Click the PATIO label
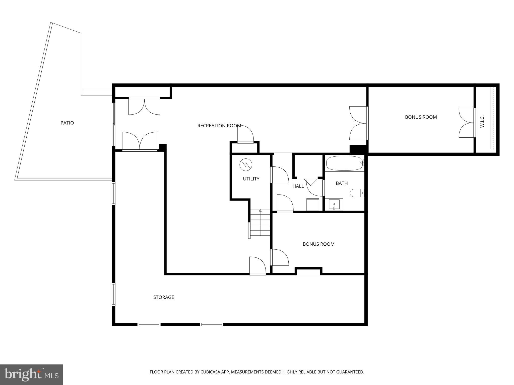point(67,123)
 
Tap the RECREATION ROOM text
point(219,126)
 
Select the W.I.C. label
point(482,122)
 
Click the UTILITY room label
point(251,179)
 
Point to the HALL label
point(298,186)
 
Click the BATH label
point(342,183)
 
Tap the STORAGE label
point(164,297)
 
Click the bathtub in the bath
point(344,163)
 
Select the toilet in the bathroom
point(356,193)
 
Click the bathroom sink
point(334,204)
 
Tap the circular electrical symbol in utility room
point(246,165)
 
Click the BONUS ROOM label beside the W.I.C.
point(421,117)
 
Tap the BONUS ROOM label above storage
point(318,244)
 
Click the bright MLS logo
point(31,374)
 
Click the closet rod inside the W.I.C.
point(492,118)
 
